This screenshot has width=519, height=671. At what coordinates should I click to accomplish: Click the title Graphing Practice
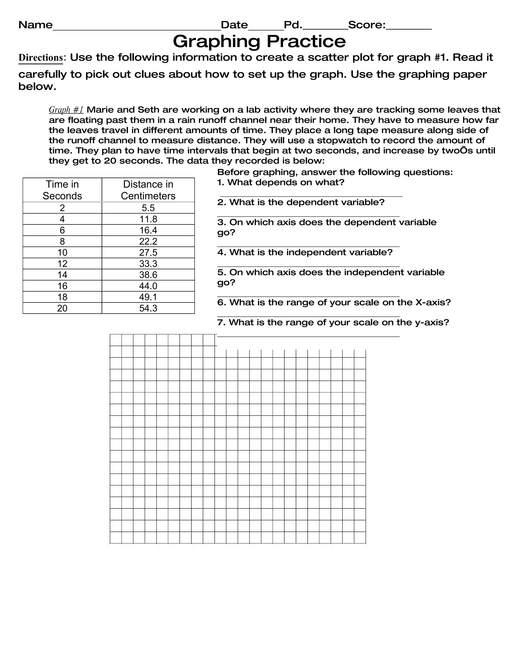259,41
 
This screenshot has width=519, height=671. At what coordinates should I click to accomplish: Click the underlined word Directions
41,57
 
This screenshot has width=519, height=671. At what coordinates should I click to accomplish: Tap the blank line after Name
137,28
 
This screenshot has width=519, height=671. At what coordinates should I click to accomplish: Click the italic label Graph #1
66,110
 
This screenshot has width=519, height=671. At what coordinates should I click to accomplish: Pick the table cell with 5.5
148,208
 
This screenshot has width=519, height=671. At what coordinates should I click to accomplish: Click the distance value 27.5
148,252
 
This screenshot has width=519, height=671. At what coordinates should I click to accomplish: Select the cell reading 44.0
148,286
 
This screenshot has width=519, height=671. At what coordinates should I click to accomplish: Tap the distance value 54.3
148,308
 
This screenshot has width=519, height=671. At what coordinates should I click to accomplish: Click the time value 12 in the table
62,264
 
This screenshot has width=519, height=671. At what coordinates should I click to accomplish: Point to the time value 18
62,297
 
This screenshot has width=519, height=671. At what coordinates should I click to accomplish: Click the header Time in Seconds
62,190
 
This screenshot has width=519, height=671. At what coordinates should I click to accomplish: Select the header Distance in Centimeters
148,190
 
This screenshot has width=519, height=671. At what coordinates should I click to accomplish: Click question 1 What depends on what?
281,182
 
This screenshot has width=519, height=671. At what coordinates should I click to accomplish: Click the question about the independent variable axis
330,277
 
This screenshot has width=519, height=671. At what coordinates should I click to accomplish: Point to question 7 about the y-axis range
333,322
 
